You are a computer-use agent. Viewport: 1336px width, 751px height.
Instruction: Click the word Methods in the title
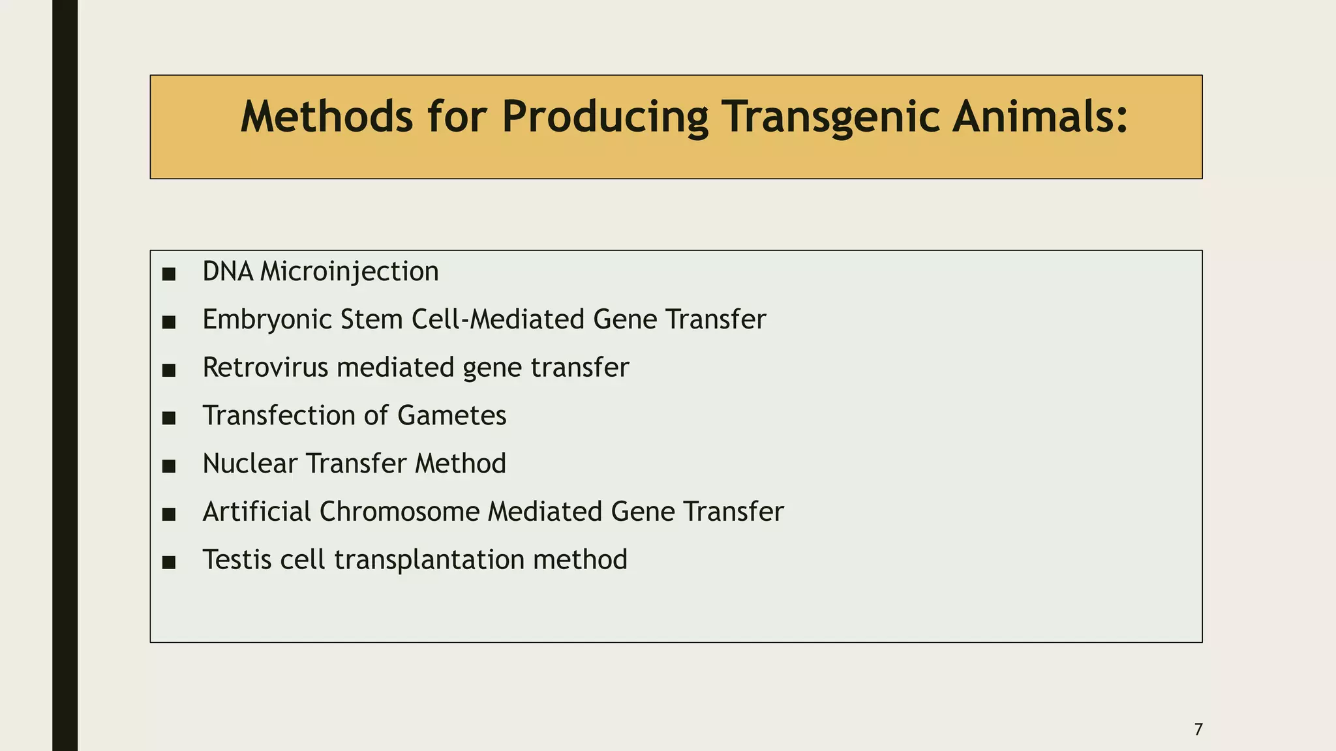pyautogui.click(x=326, y=117)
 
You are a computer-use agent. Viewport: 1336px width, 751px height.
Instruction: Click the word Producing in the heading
pyautogui.click(x=604, y=117)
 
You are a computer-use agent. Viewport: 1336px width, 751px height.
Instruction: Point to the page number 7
pyautogui.click(x=1198, y=729)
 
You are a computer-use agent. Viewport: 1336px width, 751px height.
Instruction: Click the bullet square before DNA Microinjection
pyautogui.click(x=169, y=274)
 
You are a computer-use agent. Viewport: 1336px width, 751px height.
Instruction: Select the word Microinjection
pyautogui.click(x=350, y=272)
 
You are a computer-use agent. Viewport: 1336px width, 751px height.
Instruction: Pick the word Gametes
pyautogui.click(x=451, y=416)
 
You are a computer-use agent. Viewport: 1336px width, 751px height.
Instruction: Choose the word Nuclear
pyautogui.click(x=250, y=464)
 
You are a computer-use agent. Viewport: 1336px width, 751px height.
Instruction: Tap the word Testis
pyautogui.click(x=237, y=560)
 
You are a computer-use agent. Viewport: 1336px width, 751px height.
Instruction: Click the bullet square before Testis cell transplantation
pyautogui.click(x=169, y=563)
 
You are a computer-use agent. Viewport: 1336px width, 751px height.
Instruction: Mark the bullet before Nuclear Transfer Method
pyautogui.click(x=169, y=466)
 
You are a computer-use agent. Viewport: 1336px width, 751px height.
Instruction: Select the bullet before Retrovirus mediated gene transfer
pyautogui.click(x=169, y=370)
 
